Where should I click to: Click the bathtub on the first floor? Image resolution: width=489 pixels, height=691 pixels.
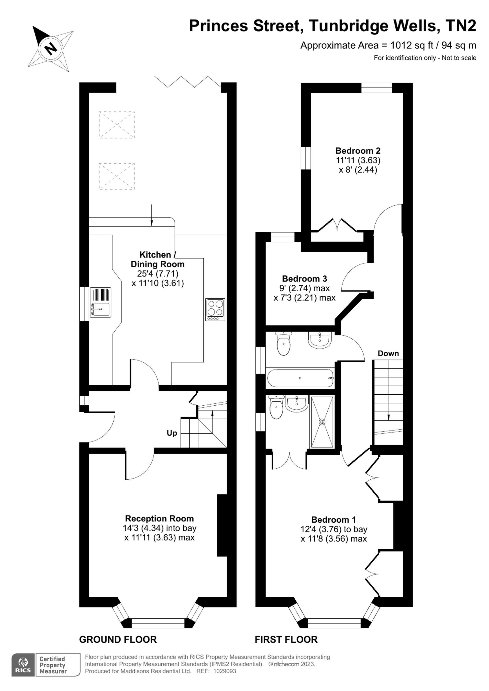[x=300, y=378]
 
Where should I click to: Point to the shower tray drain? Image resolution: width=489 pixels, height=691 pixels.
[x=322, y=422]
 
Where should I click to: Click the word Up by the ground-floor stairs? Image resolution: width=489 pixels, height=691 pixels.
[x=172, y=433]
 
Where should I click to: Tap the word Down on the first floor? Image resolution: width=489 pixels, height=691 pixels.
[x=388, y=353]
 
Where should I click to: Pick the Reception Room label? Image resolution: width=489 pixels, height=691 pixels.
[x=159, y=518]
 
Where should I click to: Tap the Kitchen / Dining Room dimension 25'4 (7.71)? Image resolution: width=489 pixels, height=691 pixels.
[x=158, y=274]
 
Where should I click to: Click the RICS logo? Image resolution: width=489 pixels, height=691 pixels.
[x=23, y=665]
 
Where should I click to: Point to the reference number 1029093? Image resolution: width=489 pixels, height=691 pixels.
[x=225, y=671]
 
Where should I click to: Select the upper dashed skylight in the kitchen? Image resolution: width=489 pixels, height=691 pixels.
[x=117, y=125]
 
